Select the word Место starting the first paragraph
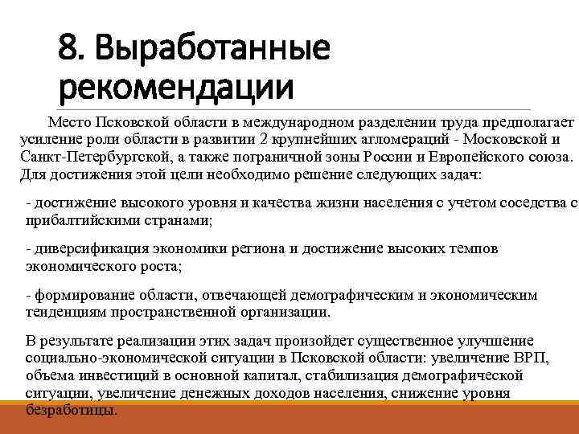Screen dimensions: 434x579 point(69,122)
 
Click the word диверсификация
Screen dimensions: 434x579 point(87,249)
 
